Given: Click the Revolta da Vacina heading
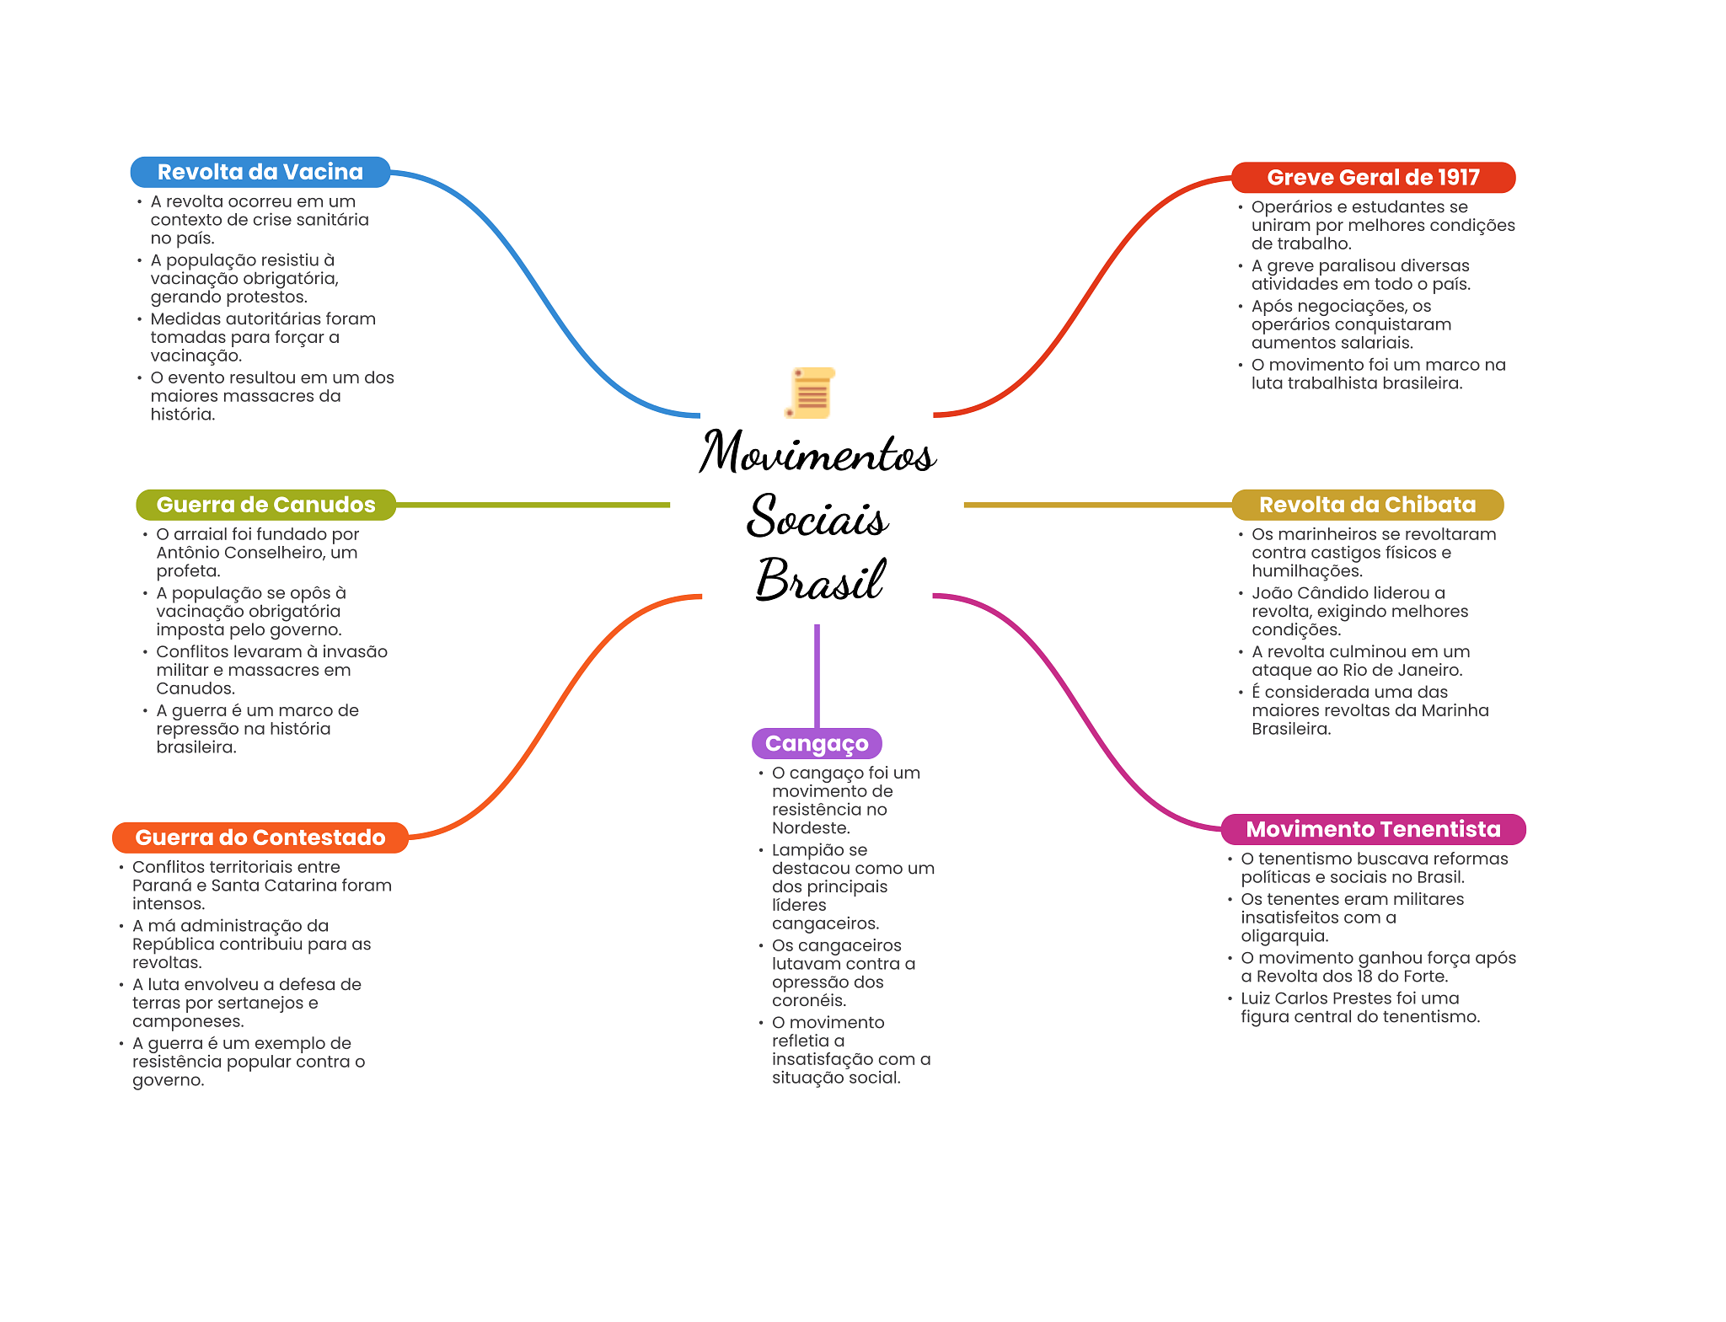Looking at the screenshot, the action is tap(260, 172).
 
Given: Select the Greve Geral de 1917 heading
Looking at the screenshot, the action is tap(1373, 178).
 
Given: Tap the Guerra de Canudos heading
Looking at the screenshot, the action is tap(265, 505).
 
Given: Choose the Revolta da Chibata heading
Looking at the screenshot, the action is tap(1367, 505).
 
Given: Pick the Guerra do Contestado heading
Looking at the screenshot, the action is tap(260, 838).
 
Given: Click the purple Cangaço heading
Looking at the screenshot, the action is tap(816, 743).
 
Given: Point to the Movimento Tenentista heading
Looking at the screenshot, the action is tap(1373, 829).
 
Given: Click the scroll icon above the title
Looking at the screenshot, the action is tap(811, 393).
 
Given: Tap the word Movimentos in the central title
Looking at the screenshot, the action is tap(817, 452).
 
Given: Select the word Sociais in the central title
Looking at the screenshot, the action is tap(817, 516).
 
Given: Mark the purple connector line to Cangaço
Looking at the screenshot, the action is tap(817, 674).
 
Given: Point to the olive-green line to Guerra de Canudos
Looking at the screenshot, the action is tap(531, 505).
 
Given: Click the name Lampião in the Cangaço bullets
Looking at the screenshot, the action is tap(806, 850).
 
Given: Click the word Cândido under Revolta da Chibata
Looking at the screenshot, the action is tap(1332, 593).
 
